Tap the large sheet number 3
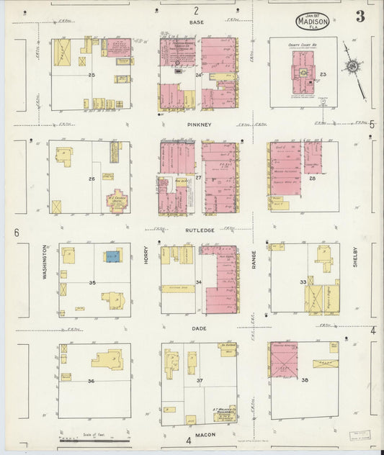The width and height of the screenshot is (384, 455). pos(360,17)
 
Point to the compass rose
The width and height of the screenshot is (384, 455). pos(352,67)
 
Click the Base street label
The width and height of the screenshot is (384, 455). pos(196,22)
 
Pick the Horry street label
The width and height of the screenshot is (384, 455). pos(146,257)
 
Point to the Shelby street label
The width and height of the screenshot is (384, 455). pos(354,256)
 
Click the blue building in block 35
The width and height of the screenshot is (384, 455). pos(112,256)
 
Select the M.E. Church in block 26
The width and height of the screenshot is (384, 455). pos(116,199)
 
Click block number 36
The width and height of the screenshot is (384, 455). pos(91,380)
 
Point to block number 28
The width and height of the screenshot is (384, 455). pos(312,177)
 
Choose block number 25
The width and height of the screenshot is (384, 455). pos(91,75)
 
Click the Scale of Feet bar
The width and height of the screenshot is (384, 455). pos(94,438)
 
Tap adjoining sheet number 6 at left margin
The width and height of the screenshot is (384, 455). pos(16,233)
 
